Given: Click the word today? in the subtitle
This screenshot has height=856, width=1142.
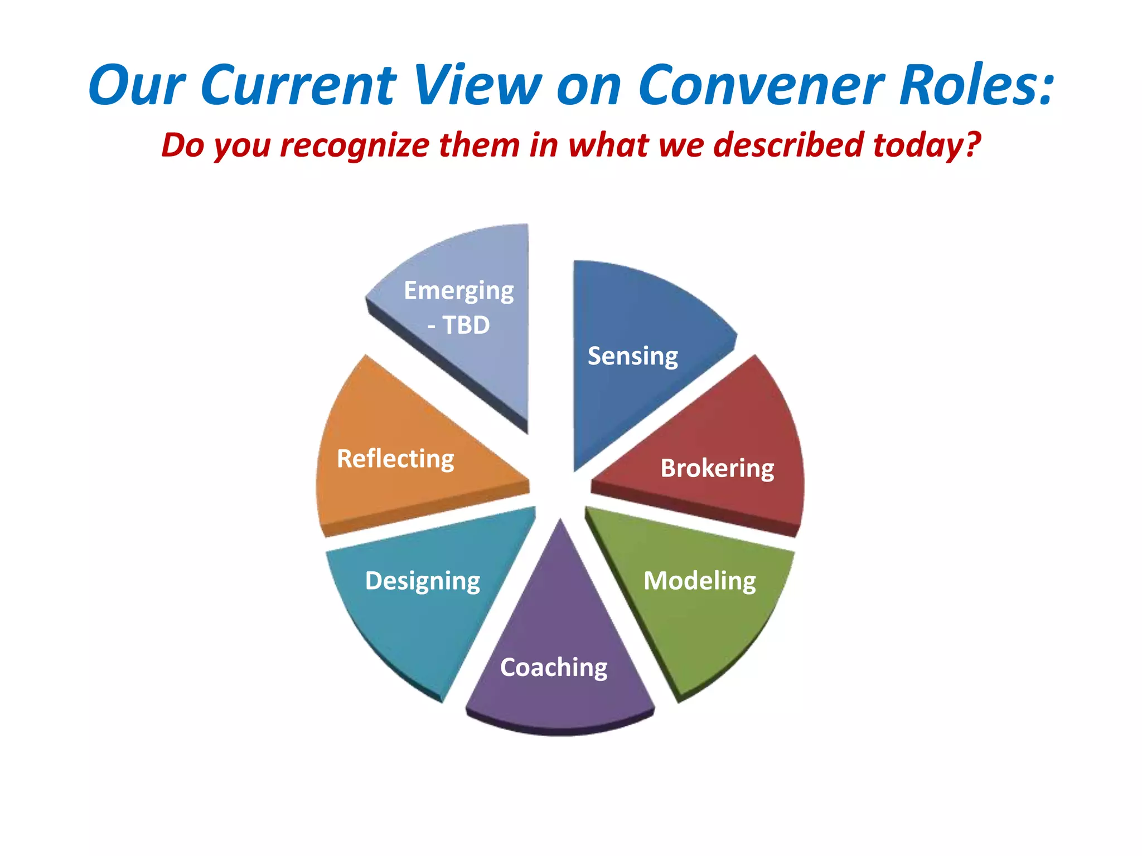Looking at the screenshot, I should tap(927, 145).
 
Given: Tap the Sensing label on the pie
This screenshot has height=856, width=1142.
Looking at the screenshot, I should tap(633, 356).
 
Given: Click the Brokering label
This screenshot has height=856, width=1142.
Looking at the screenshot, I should tap(717, 468).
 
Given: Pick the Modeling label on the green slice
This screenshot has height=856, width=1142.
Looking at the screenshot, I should tap(700, 581).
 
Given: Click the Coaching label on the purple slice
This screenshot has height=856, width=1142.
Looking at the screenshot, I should tap(554, 668).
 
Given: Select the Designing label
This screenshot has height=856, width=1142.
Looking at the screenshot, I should tap(423, 581).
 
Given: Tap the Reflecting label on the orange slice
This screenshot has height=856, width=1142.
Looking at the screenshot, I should tap(395, 459).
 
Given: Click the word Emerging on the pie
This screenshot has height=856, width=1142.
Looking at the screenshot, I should tap(458, 291).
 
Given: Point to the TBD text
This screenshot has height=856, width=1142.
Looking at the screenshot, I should tap(466, 325).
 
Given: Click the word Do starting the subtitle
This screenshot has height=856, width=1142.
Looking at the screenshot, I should tap(183, 145).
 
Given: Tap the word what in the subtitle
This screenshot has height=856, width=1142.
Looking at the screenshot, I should tap(609, 145).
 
